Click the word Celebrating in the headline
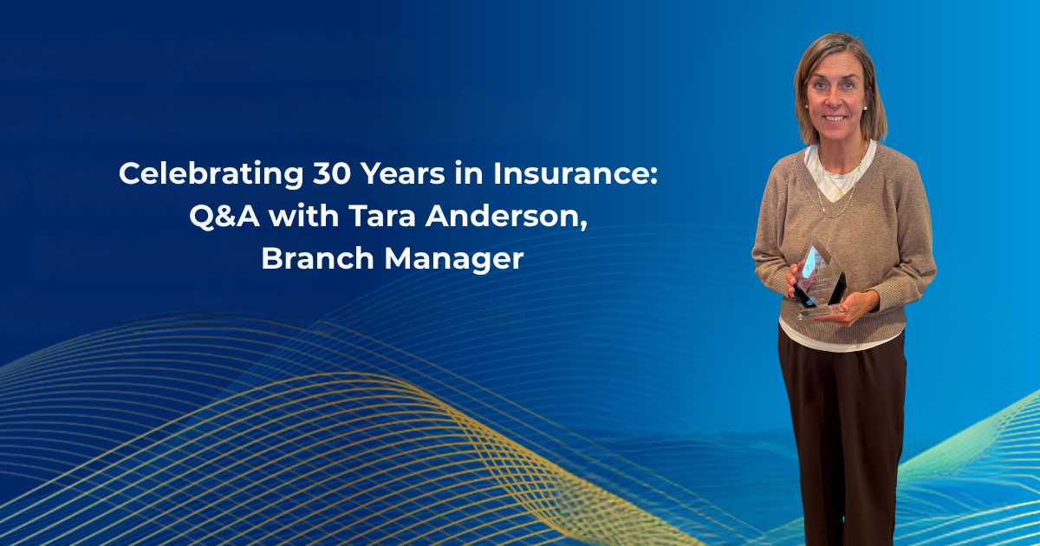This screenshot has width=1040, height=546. (x=211, y=174)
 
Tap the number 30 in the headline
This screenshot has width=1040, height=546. (x=331, y=173)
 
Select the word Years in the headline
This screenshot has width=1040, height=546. (x=403, y=173)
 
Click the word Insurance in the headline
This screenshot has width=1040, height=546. (x=570, y=173)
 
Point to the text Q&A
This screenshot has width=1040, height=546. (x=224, y=217)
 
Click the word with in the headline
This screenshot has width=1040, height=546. (x=303, y=216)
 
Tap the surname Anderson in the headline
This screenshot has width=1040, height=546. (x=502, y=216)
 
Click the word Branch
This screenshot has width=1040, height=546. (x=317, y=258)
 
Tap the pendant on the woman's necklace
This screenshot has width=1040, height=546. (x=840, y=192)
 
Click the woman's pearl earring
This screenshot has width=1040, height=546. (x=865, y=107)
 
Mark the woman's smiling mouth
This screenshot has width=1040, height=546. (x=835, y=119)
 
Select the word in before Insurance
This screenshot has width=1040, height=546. (x=469, y=173)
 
